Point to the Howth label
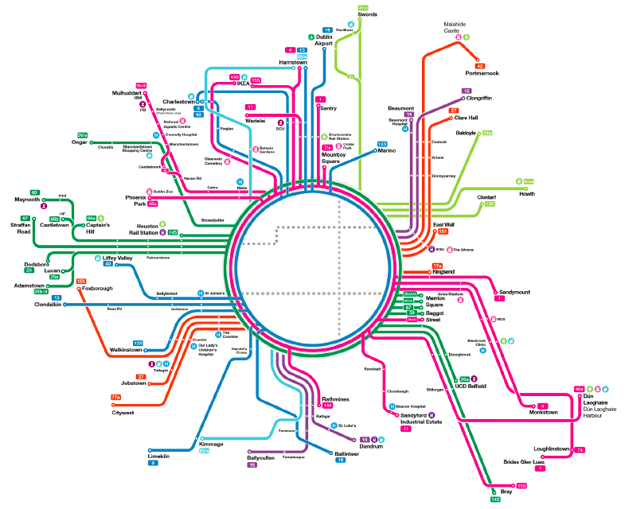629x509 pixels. tap(527, 193)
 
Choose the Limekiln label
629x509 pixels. tap(159, 454)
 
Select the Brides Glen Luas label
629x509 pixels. tap(524, 461)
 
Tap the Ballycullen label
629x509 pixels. tap(263, 457)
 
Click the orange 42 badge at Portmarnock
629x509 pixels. tap(480, 65)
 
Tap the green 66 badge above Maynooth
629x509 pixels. tap(34, 192)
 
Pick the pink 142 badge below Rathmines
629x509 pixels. tap(326, 406)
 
